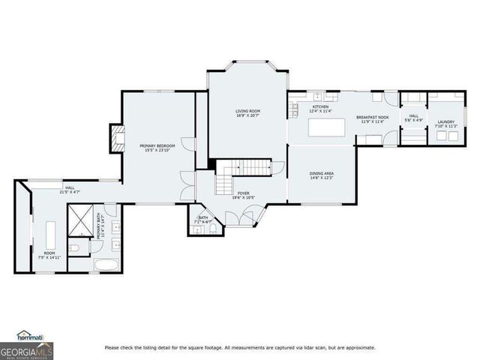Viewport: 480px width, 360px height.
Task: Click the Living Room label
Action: pyautogui.click(x=247, y=111)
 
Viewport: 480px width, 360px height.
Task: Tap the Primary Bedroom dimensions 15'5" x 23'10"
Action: pyautogui.click(x=157, y=150)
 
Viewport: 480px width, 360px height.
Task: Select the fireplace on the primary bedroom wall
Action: pyautogui.click(x=116, y=139)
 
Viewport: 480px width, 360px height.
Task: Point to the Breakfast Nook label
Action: pyautogui.click(x=372, y=117)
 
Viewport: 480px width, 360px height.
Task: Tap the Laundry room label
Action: pyautogui.click(x=446, y=121)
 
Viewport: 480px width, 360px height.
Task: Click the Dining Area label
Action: pyautogui.click(x=322, y=174)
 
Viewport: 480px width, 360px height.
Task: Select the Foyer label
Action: pyautogui.click(x=244, y=193)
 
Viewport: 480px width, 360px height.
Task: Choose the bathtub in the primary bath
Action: pyautogui.click(x=106, y=264)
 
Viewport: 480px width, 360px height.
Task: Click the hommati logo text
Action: pyautogui.click(x=30, y=335)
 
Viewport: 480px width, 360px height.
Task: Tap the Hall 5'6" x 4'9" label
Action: pyautogui.click(x=413, y=117)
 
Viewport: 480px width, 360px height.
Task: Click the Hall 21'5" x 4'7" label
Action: pyautogui.click(x=69, y=188)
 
